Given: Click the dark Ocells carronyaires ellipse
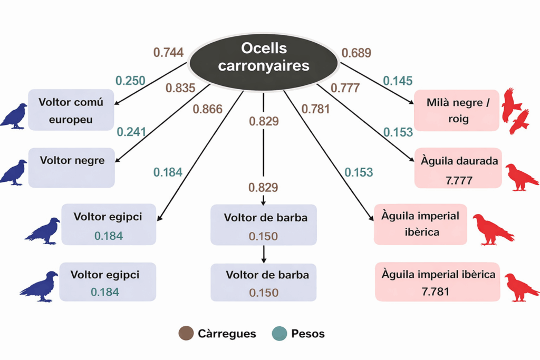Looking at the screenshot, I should pyautogui.click(x=263, y=58).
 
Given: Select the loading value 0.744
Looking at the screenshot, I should pyautogui.click(x=168, y=52).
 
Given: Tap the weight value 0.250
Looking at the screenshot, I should pyautogui.click(x=130, y=81).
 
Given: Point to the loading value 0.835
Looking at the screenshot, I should pyautogui.click(x=180, y=88).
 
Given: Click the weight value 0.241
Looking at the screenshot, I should pyautogui.click(x=131, y=132).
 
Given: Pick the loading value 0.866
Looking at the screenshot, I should pyautogui.click(x=207, y=109).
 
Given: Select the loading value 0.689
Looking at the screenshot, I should pyautogui.click(x=356, y=53).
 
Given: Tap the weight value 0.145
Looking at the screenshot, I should pyautogui.click(x=398, y=81).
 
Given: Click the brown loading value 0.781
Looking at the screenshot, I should pyautogui.click(x=315, y=109).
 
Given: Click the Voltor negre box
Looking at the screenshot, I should pyautogui.click(x=72, y=167).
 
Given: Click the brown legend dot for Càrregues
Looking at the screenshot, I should pyautogui.click(x=186, y=333).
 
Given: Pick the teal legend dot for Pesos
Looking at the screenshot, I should pyautogui.click(x=279, y=333).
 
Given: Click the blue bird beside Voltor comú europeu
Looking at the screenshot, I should pyautogui.click(x=14, y=116).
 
